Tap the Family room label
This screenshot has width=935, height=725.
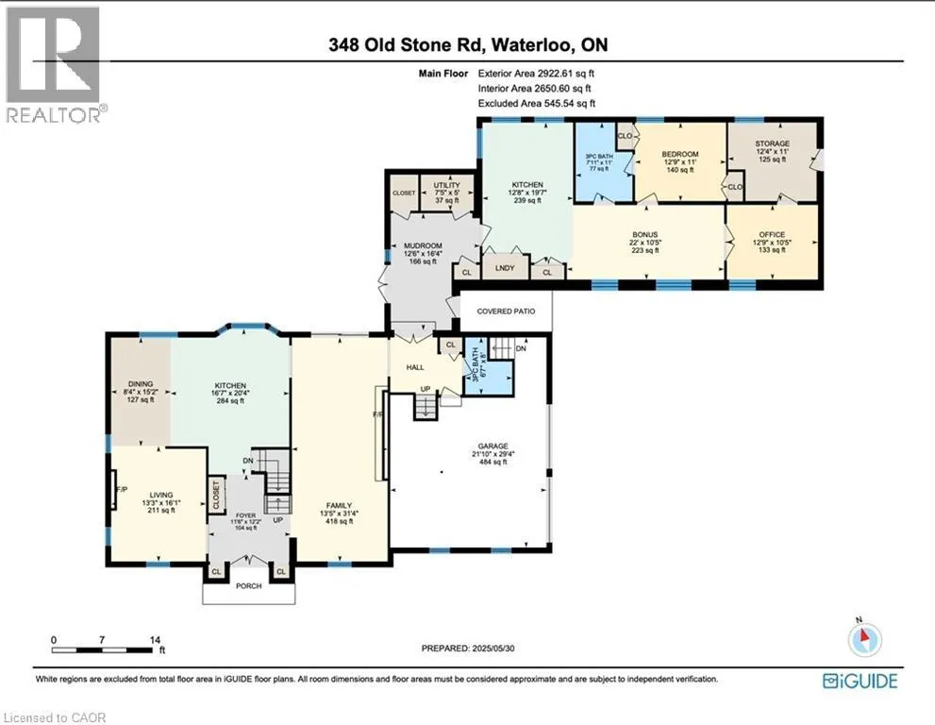click(340, 506)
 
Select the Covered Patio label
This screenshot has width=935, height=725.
click(505, 311)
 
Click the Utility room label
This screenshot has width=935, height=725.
click(446, 186)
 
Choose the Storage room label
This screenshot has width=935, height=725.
click(773, 143)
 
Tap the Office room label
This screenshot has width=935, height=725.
click(773, 234)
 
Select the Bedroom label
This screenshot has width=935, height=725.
click(679, 154)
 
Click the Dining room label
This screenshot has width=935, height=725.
click(140, 384)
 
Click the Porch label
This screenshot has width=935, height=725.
click(248, 585)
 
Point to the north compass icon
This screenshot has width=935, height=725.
click(864, 641)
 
